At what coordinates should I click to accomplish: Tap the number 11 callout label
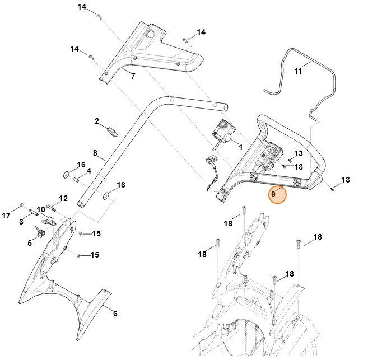pos(298,72)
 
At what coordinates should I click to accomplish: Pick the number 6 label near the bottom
pos(115,314)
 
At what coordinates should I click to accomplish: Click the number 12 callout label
pos(63,198)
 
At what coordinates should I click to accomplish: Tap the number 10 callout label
pos(41,209)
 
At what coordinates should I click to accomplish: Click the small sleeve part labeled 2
pos(111,132)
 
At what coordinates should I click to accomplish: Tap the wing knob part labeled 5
pos(40,232)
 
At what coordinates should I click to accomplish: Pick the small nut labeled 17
pos(21,205)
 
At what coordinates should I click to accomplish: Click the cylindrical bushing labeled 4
pos(75,179)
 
